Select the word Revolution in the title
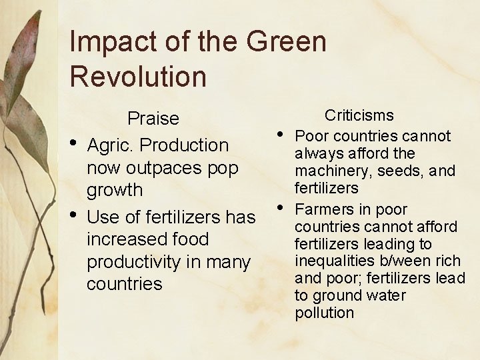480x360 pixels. tap(138, 77)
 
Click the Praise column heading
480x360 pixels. tap(153, 119)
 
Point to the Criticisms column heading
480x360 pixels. tap(359, 115)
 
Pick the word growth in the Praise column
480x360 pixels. tap(115, 190)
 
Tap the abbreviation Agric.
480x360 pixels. tap(111, 145)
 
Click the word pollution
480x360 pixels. tap(324, 313)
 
